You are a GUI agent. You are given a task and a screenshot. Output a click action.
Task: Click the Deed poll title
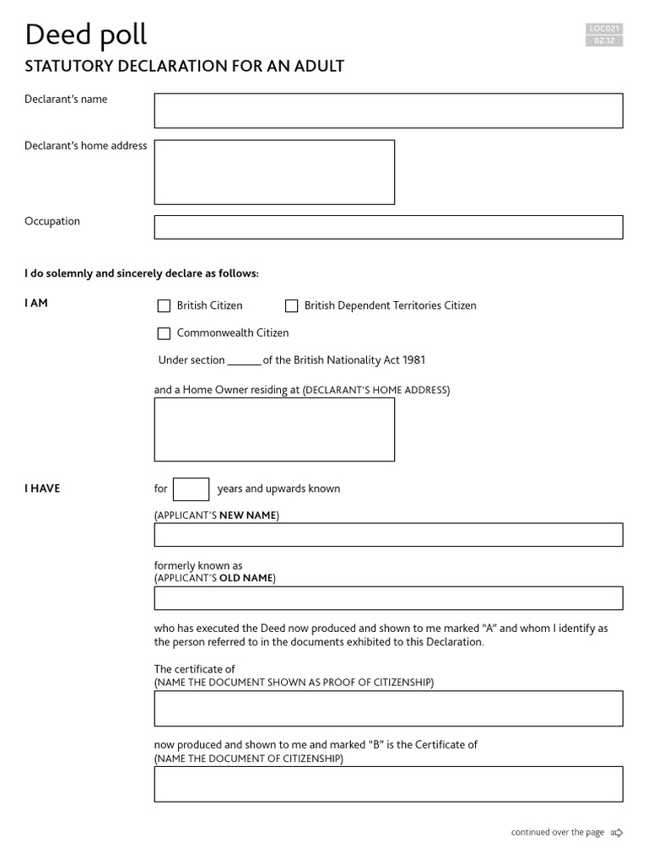pyautogui.click(x=85, y=35)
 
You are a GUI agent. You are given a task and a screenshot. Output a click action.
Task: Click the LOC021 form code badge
pyautogui.click(x=604, y=29)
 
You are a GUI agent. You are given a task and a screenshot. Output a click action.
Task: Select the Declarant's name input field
pyautogui.click(x=388, y=111)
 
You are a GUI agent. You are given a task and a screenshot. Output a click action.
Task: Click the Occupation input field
pyautogui.click(x=388, y=227)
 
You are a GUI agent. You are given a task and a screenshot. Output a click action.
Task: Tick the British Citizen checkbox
pyautogui.click(x=164, y=306)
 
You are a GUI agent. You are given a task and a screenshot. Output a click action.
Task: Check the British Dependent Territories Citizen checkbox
pyautogui.click(x=291, y=306)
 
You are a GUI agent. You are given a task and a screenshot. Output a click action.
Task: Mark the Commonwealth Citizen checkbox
pyautogui.click(x=164, y=333)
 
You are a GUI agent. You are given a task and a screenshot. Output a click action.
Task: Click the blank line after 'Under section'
pyautogui.click(x=244, y=361)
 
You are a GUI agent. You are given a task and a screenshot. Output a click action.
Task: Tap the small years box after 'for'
pyautogui.click(x=191, y=489)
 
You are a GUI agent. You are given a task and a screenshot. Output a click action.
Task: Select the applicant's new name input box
pyautogui.click(x=388, y=535)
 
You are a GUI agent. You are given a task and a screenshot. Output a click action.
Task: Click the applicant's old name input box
pyautogui.click(x=388, y=598)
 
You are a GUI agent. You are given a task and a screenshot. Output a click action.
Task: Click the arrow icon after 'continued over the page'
pyautogui.click(x=617, y=833)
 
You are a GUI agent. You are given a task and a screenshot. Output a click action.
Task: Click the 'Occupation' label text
pyautogui.click(x=52, y=221)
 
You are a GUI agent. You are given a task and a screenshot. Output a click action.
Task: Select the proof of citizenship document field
pyautogui.click(x=388, y=709)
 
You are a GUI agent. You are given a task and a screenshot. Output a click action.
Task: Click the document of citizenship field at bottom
pyautogui.click(x=388, y=784)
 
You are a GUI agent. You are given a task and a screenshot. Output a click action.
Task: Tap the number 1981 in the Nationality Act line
pyautogui.click(x=413, y=360)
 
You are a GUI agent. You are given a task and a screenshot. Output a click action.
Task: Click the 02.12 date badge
pyautogui.click(x=604, y=40)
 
